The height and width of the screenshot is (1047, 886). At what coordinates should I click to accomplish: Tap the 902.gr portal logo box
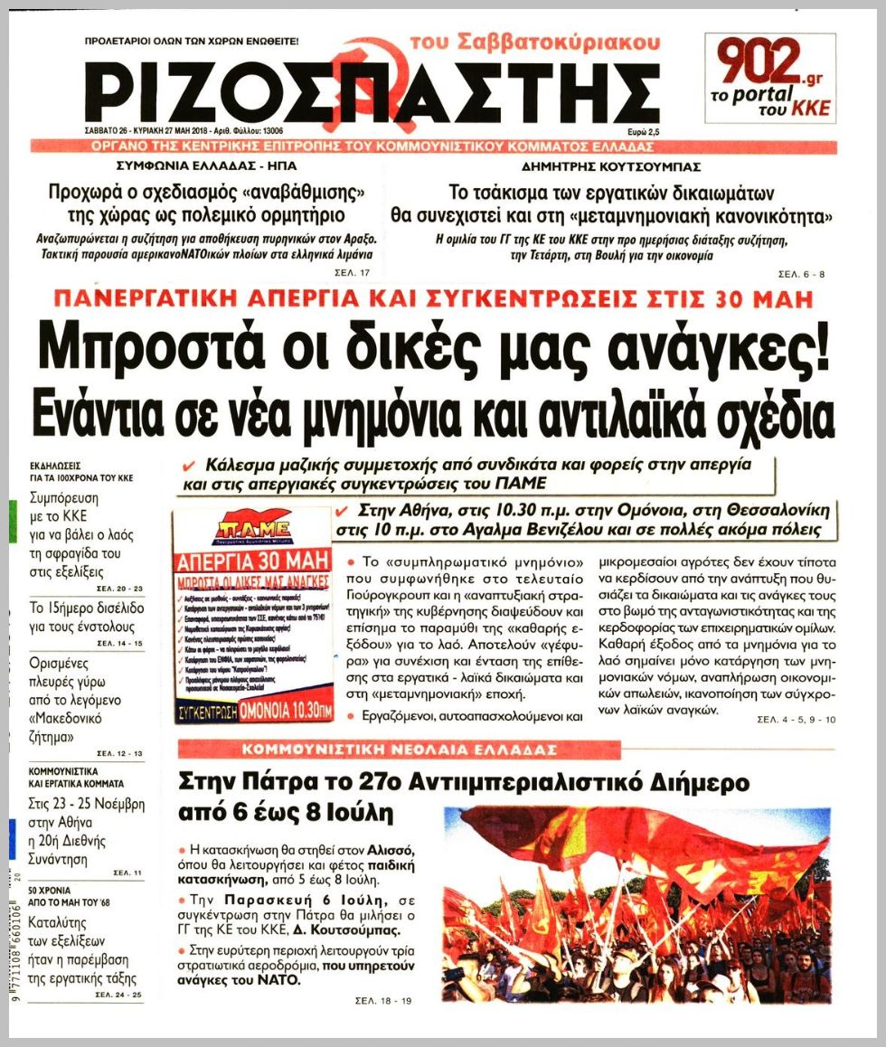click(x=770, y=78)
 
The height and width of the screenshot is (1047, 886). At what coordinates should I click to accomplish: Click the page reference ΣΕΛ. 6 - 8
click(x=801, y=273)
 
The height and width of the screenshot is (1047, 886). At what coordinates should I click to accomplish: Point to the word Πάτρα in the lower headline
click(x=284, y=781)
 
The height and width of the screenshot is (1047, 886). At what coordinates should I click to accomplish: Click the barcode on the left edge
click(x=13, y=940)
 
